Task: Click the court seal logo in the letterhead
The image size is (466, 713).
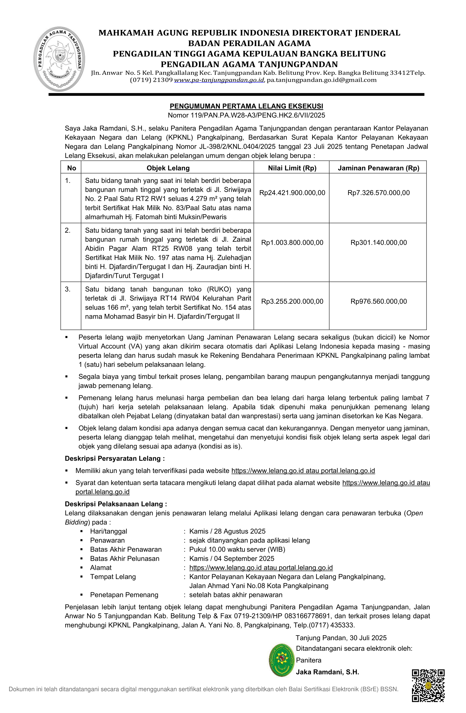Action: coord(59,59)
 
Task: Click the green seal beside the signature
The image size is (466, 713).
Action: coord(281,660)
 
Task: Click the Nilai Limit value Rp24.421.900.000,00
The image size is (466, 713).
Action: coord(292,193)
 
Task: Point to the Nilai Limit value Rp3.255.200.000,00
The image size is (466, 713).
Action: coord(292,301)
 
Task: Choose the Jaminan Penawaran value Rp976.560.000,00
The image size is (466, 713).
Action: coord(378,301)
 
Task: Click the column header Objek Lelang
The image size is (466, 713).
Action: coord(168,168)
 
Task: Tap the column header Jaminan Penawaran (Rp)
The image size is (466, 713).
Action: coord(378,168)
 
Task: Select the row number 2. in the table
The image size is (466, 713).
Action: coord(68,230)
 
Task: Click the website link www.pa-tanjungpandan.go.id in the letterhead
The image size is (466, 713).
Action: coord(219,80)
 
